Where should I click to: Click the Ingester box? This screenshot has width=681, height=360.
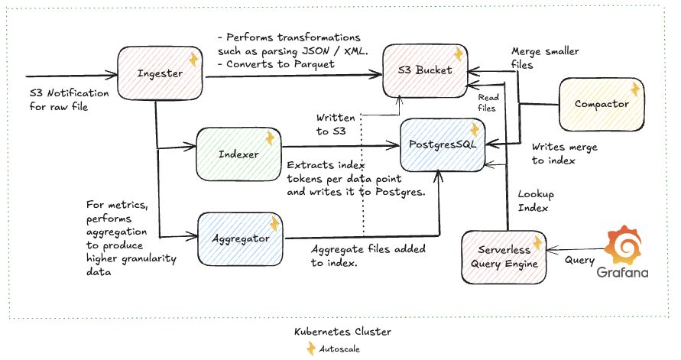[160, 74]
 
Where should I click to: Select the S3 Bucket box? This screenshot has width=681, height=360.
[425, 70]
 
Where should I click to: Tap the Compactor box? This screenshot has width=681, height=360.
[602, 103]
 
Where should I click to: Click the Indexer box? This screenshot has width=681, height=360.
[238, 154]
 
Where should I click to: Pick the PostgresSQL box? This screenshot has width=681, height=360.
[443, 144]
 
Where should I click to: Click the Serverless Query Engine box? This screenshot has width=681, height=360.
[504, 258]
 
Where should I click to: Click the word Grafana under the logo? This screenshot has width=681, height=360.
[623, 273]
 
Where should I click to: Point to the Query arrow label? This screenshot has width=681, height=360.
[579, 259]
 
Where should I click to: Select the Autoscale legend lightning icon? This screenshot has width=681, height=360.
[310, 349]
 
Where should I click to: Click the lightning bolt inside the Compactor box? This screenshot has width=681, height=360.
[634, 90]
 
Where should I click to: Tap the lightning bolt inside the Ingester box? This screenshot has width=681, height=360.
[193, 60]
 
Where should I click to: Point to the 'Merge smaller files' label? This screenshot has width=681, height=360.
[544, 59]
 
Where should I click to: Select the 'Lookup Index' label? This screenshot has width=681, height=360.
[536, 200]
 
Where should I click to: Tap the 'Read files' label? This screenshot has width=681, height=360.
[487, 102]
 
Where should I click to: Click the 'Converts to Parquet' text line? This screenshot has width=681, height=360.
[277, 64]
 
